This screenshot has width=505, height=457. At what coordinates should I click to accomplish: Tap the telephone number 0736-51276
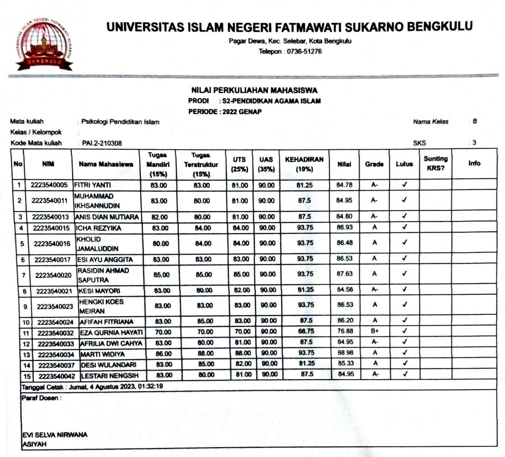(x=304, y=52)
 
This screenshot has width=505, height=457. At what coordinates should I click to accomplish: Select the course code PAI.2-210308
(x=102, y=143)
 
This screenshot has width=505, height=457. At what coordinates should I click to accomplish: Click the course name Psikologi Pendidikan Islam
(x=120, y=122)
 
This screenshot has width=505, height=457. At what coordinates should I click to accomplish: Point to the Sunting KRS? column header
(x=435, y=163)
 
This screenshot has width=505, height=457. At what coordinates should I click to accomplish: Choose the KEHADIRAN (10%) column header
(x=304, y=164)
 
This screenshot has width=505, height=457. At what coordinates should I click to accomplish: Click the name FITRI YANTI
(x=92, y=185)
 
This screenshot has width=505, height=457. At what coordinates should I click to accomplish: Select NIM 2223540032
(x=56, y=333)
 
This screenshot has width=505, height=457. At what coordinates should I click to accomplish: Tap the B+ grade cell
(x=375, y=331)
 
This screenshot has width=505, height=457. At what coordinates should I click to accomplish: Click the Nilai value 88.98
(x=345, y=352)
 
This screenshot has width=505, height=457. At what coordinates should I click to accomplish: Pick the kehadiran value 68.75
(x=306, y=331)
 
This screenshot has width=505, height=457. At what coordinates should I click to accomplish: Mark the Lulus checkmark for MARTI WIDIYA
(x=405, y=352)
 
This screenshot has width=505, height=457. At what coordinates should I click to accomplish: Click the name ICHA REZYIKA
(x=98, y=228)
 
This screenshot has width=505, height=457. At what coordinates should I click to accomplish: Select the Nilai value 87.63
(x=344, y=274)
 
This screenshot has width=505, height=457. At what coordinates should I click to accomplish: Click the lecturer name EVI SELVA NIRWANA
(x=55, y=435)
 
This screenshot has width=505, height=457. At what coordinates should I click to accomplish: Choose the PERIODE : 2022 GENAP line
(x=225, y=112)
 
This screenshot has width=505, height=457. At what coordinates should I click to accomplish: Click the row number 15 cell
(x=27, y=376)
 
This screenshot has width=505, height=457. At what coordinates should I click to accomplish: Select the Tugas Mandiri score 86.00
(x=163, y=354)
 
